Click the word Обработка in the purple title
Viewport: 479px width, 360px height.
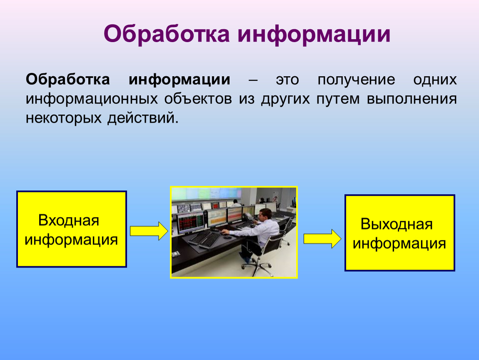tap(167, 34)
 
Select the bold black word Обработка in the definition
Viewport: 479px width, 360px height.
tap(68, 79)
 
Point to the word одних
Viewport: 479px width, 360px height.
tap(435, 80)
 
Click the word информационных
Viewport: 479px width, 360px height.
tap(92, 99)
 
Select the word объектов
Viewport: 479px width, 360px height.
tap(198, 98)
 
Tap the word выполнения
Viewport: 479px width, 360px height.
tap(412, 99)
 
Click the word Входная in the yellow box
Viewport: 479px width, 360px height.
tap(69, 220)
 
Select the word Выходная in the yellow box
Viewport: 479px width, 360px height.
tap(397, 224)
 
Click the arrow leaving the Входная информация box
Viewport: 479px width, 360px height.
tap(149, 231)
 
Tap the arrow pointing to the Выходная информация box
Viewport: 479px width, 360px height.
tap(322, 239)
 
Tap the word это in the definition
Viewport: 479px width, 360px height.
tap(287, 80)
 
